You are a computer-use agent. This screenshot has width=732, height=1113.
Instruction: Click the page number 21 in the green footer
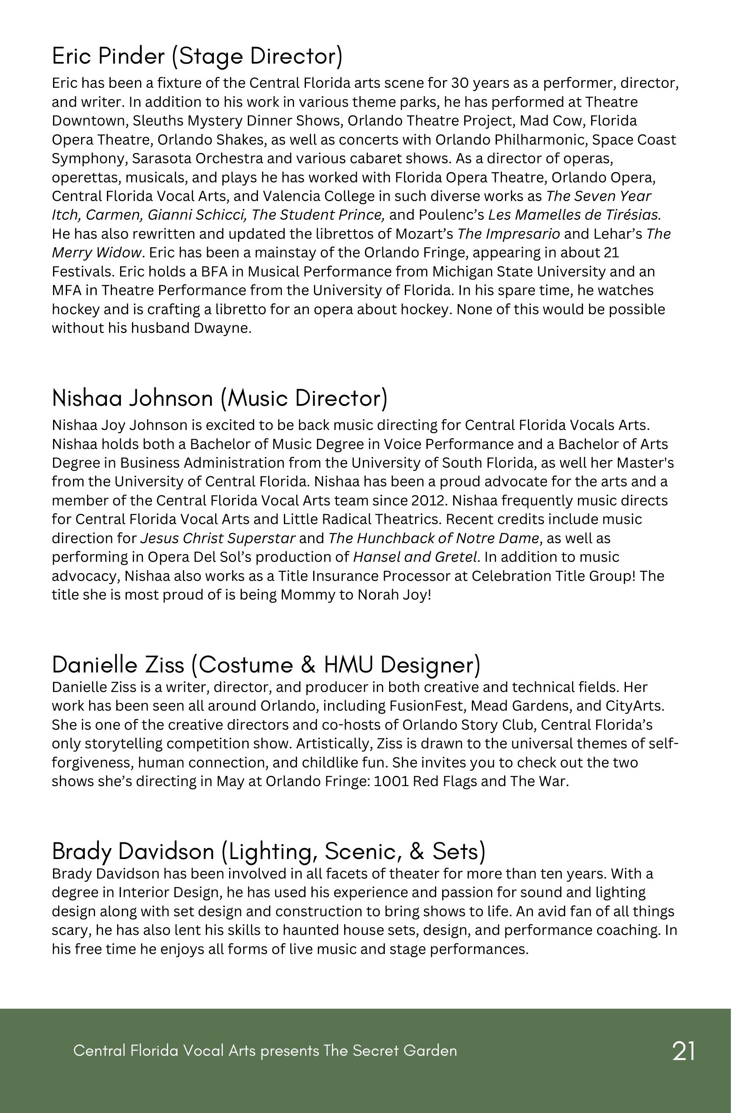pyautogui.click(x=683, y=1051)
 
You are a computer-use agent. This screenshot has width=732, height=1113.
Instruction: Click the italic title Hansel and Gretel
pyautogui.click(x=415, y=557)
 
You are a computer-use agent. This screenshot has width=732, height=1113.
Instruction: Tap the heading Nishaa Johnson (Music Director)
pyautogui.click(x=219, y=399)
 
